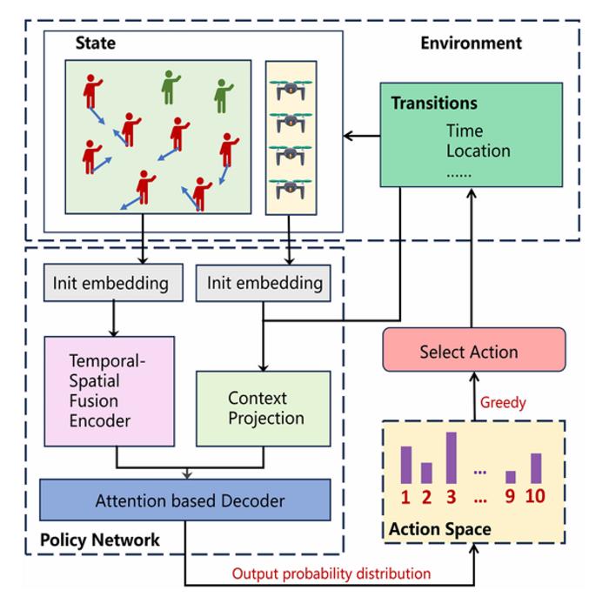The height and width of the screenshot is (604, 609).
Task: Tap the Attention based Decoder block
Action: [185, 500]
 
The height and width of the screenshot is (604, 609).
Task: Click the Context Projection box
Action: [264, 408]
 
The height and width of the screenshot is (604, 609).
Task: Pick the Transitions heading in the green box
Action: [433, 104]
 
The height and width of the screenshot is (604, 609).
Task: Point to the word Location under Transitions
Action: [478, 151]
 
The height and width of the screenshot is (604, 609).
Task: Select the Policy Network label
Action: [100, 540]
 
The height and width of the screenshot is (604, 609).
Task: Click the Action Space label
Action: [439, 528]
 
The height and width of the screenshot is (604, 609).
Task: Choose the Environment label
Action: [471, 44]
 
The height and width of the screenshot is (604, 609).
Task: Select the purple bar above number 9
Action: [511, 477]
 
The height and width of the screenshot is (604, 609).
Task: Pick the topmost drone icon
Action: [291, 87]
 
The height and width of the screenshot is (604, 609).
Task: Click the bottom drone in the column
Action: [291, 187]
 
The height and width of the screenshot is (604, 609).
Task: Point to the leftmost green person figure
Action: [171, 87]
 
